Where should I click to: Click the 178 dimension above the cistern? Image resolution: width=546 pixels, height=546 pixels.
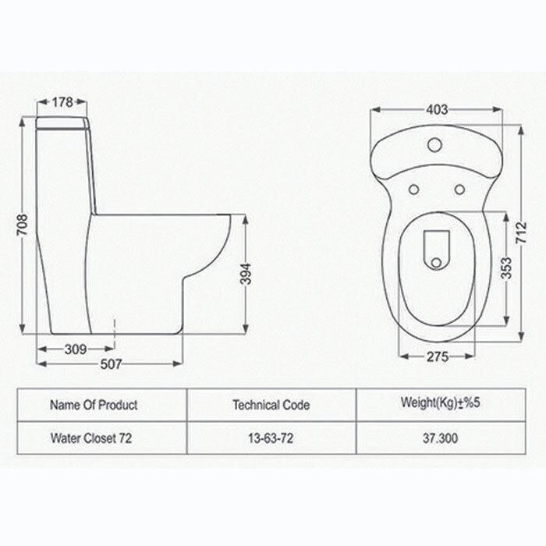point(62,102)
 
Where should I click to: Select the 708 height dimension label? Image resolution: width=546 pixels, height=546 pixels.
point(23,225)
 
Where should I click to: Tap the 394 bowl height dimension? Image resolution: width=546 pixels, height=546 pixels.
point(246,274)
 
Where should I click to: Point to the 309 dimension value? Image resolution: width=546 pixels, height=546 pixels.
point(75,349)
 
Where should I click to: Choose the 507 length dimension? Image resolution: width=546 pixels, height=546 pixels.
point(111,364)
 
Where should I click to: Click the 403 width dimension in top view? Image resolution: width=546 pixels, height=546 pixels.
point(437,110)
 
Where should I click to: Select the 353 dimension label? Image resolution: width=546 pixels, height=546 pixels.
point(507,268)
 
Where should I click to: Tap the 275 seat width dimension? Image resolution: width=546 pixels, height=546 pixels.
point(438,356)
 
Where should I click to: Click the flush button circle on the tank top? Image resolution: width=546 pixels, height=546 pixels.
point(435,144)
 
